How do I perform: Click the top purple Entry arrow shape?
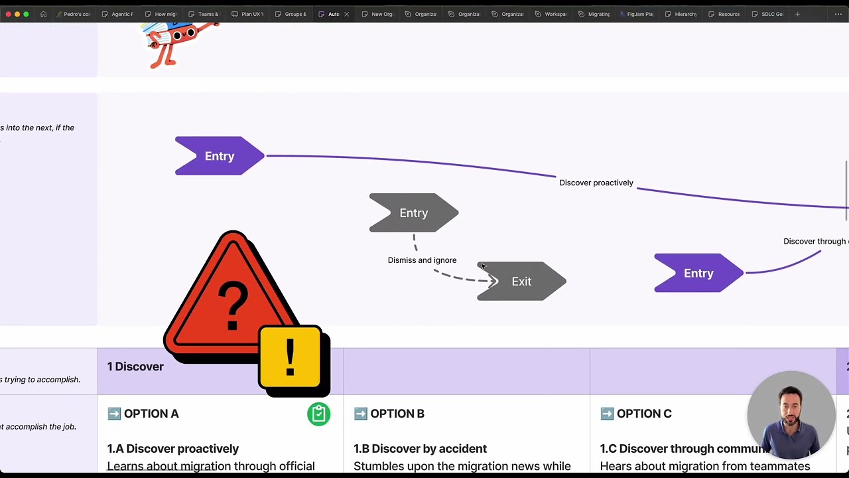[x=220, y=156]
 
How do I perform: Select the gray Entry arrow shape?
[x=413, y=213]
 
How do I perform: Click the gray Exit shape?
[x=522, y=281]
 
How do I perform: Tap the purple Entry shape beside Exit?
[x=698, y=274]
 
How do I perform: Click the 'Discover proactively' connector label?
[x=596, y=183]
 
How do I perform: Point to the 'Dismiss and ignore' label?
[x=422, y=260]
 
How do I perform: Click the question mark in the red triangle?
[x=232, y=305]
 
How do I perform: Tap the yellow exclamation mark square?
[x=291, y=358]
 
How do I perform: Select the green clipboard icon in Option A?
[x=318, y=414]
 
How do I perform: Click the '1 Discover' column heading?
[x=135, y=366]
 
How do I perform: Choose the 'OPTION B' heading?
[x=397, y=414]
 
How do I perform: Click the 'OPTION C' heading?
[x=643, y=414]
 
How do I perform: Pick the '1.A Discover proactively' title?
[x=172, y=449]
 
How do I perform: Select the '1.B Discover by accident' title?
[x=420, y=449]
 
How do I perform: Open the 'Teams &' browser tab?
[x=208, y=14]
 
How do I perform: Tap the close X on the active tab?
[x=346, y=14]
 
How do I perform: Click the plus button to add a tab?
[x=797, y=14]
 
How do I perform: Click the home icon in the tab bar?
[x=43, y=14]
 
